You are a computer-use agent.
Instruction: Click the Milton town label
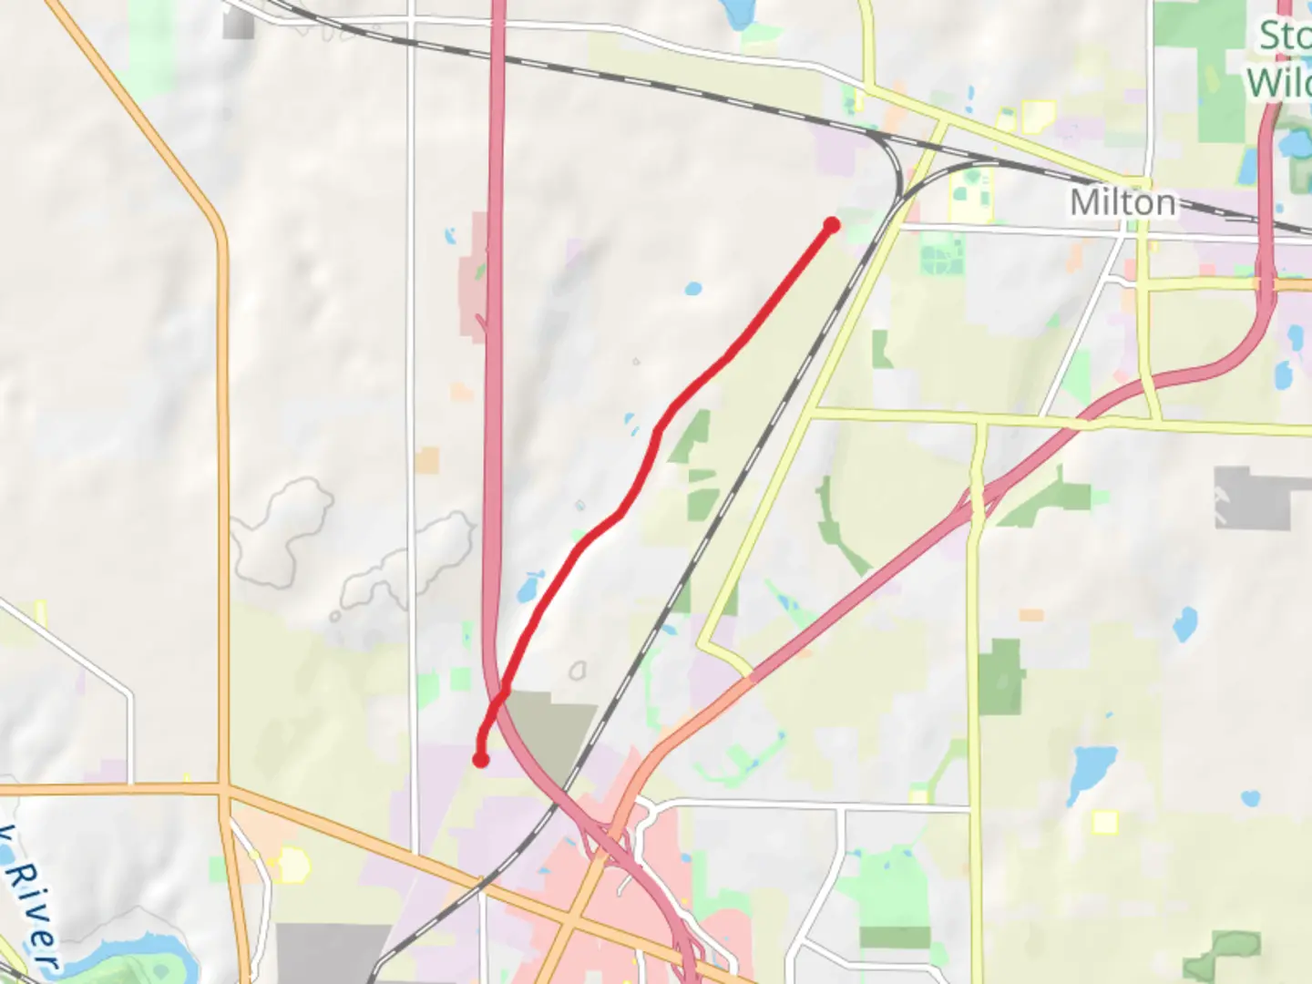pos(1122,202)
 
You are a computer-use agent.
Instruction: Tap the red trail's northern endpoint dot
pos(831,224)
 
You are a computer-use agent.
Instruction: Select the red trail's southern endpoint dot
pos(480,759)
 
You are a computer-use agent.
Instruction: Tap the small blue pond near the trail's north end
pos(693,290)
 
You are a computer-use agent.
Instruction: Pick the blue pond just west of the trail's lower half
pos(529,587)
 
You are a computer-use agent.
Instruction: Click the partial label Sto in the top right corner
pos(1285,36)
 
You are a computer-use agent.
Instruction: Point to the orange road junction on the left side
pos(223,789)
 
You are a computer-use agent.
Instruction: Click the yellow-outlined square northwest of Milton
pos(1038,117)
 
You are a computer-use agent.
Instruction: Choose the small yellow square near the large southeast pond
pos(1105,823)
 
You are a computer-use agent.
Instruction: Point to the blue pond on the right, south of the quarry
pos(1184,624)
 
